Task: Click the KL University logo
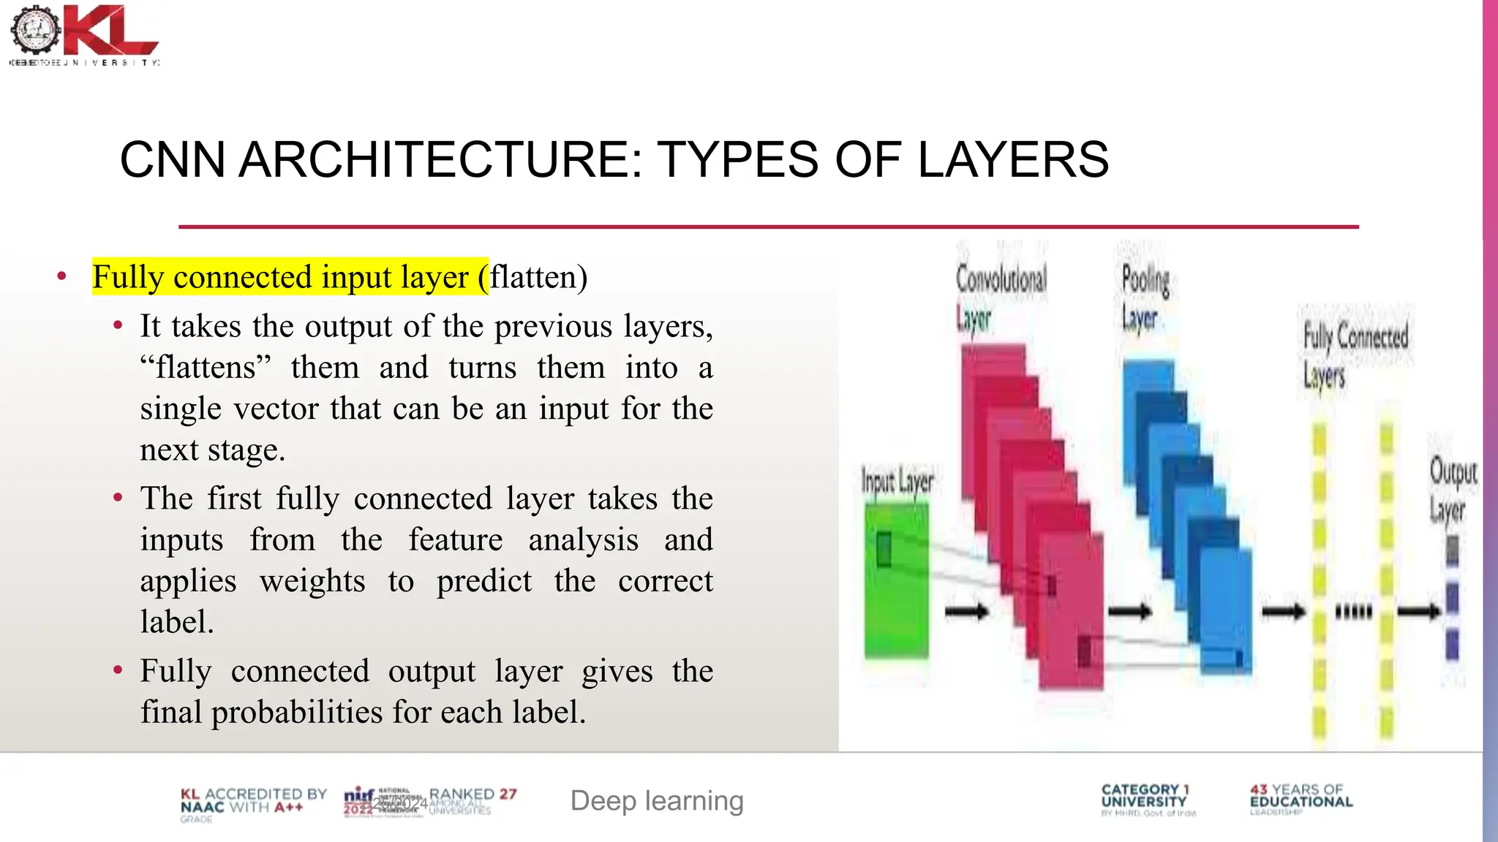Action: coord(84,35)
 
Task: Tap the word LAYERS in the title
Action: coord(1013,160)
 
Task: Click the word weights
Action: coord(312,581)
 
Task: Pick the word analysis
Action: coord(583,540)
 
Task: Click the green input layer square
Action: coord(897,581)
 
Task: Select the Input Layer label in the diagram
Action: coord(897,482)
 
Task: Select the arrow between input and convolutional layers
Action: coord(966,611)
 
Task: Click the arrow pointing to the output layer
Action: coord(1419,611)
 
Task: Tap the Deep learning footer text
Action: coord(657,801)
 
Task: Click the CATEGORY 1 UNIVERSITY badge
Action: coord(1145,799)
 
